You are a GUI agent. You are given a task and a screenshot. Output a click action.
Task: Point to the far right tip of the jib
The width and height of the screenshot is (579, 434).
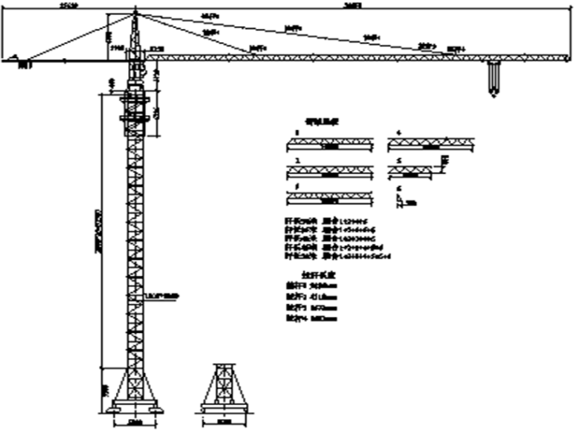(568, 57)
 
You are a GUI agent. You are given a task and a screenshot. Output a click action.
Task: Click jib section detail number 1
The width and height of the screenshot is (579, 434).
(330, 142)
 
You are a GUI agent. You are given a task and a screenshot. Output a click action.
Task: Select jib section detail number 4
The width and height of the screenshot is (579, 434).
(432, 142)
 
